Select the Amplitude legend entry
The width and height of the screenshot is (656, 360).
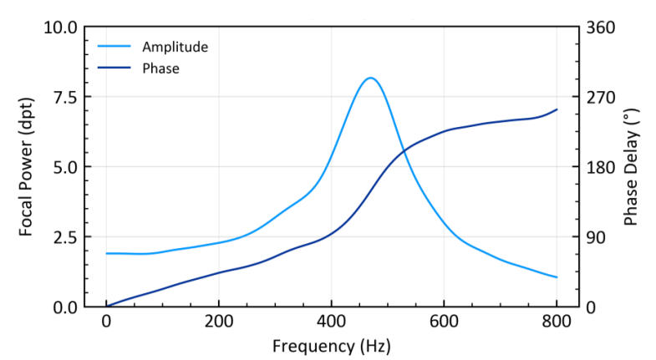tap(175, 46)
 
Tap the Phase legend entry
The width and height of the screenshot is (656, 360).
tap(160, 68)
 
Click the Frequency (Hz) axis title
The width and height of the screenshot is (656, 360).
tap(331, 345)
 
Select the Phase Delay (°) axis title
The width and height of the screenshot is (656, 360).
tap(632, 167)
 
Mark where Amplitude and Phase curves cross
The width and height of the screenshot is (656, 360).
tap(404, 151)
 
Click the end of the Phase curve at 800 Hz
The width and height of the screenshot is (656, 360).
tap(557, 109)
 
